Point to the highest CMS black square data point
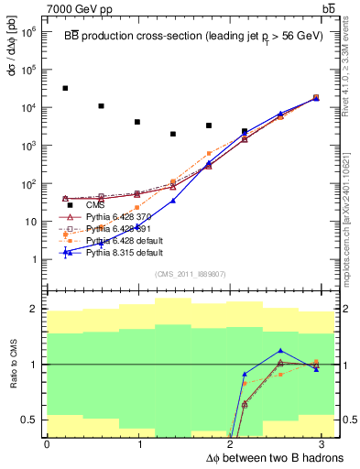[65, 88]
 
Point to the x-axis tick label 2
[232, 444]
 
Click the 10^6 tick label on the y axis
[30, 31]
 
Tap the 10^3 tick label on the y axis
[30, 146]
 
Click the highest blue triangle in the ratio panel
[280, 351]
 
